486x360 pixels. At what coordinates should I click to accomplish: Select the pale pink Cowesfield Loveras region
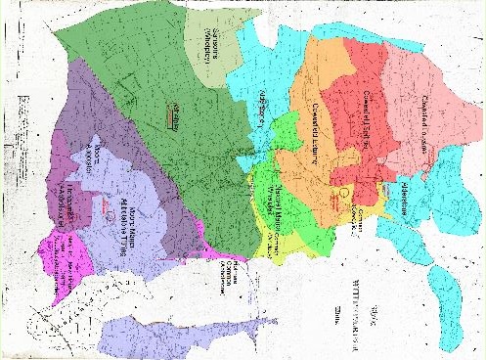[435, 88]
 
